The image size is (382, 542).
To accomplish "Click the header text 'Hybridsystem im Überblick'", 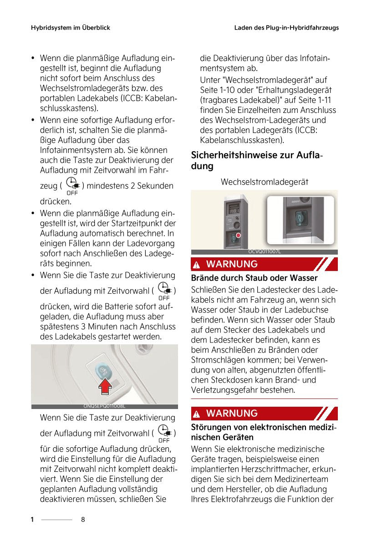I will click(x=70, y=28).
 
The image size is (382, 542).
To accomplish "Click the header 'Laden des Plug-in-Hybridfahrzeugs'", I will click(x=286, y=28).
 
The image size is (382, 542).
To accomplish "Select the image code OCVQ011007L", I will click(x=265, y=251).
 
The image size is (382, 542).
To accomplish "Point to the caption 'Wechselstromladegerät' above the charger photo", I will click(x=264, y=182).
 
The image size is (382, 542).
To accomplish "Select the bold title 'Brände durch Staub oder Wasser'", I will click(x=254, y=278).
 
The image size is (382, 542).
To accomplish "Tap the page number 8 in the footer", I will click(x=83, y=520).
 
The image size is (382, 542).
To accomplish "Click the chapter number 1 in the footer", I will click(x=32, y=520).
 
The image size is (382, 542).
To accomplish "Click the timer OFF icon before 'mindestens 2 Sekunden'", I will click(x=72, y=186).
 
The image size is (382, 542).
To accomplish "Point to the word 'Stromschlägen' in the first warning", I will click(x=214, y=360).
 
